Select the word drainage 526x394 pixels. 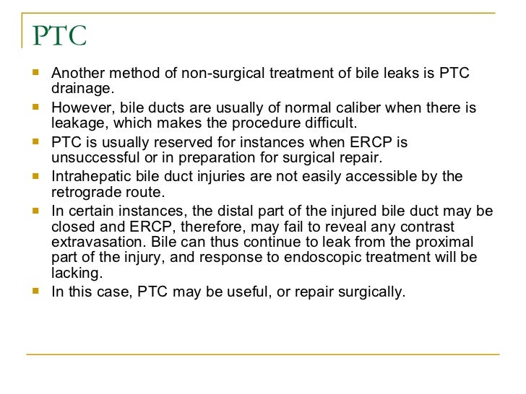[82, 89]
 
